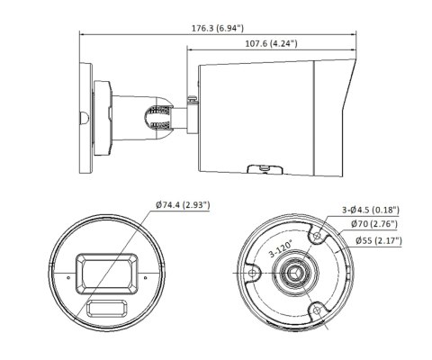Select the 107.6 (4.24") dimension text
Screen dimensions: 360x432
pyautogui.click(x=270, y=42)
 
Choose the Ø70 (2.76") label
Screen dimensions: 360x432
pyautogui.click(x=375, y=224)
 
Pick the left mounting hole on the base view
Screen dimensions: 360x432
pyautogui.click(x=257, y=274)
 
